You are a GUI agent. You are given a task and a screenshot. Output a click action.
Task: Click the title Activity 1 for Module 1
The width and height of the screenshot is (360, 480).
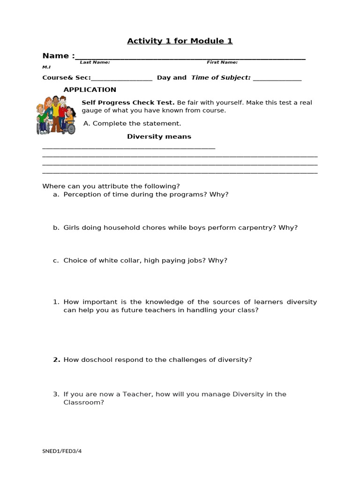click(x=180, y=41)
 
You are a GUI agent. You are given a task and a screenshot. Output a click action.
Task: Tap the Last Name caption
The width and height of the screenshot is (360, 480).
click(x=95, y=62)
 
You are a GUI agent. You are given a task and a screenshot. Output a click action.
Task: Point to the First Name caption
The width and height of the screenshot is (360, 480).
click(x=222, y=62)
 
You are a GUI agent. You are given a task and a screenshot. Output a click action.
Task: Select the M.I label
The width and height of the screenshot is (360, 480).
click(x=46, y=67)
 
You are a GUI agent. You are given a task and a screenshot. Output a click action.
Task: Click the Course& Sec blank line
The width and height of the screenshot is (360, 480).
click(x=122, y=79)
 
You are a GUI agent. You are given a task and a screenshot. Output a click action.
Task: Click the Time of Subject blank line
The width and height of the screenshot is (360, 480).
click(x=277, y=79)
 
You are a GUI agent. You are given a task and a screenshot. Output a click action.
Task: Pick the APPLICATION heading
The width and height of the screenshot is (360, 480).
click(x=90, y=90)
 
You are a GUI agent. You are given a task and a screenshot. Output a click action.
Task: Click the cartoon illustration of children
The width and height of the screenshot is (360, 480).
click(x=56, y=115)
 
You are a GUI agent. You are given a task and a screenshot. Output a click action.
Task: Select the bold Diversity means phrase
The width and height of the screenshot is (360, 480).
click(x=159, y=137)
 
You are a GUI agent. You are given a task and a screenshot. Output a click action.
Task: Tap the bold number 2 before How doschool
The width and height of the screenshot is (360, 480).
click(x=56, y=360)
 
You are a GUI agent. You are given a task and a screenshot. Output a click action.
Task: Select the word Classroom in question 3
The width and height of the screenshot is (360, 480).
click(x=83, y=402)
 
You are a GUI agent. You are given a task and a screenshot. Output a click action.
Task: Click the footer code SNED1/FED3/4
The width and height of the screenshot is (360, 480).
click(x=65, y=451)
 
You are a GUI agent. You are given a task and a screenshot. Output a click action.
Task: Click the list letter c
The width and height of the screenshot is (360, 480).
click(x=56, y=261)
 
